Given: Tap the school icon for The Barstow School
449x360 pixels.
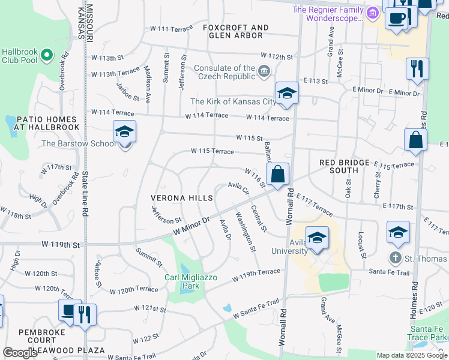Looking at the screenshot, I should coord(124,131).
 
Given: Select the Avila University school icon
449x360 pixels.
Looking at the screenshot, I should coord(316,238).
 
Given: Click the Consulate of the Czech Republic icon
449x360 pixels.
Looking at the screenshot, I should coord(264,73).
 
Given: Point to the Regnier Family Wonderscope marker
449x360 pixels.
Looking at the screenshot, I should coord(372,12).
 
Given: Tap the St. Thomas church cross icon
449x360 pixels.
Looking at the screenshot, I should coord(395,259).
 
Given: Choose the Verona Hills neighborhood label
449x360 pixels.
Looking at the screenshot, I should coord(182,198).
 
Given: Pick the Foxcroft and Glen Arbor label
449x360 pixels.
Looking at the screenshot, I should coord(235,31).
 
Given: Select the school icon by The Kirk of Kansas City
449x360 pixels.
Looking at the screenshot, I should coord(287,93).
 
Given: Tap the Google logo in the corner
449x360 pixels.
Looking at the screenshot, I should coord(20,353).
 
